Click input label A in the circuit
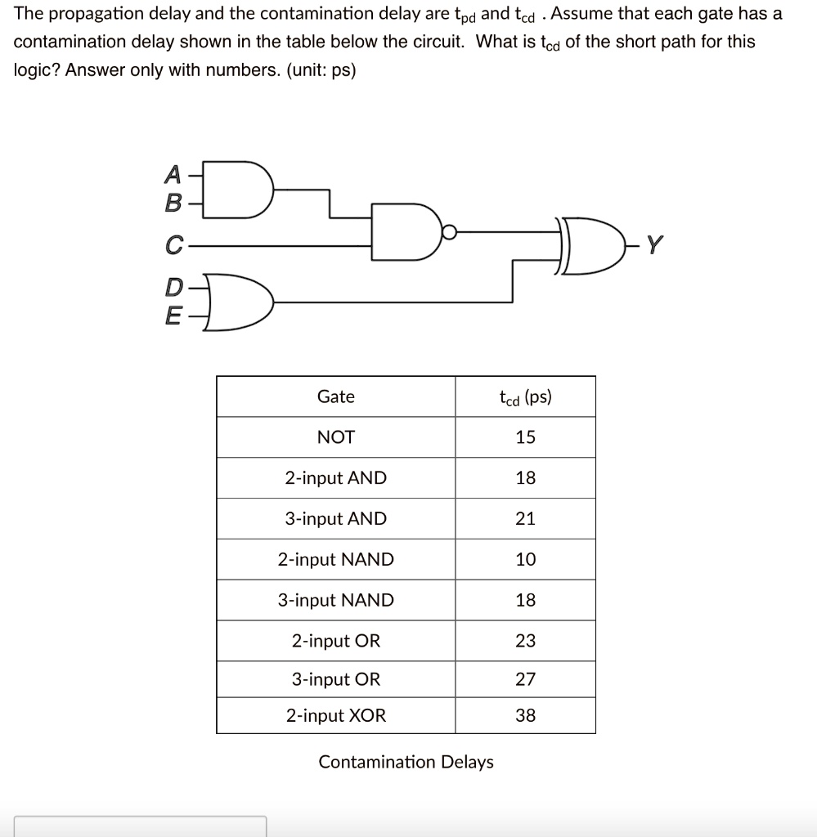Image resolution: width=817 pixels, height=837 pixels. pyautogui.click(x=172, y=173)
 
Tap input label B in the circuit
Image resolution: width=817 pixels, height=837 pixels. pyautogui.click(x=172, y=203)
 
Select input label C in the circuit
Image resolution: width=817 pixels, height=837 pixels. pyautogui.click(x=172, y=243)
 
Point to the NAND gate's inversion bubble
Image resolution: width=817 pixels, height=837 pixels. pyautogui.click(x=447, y=232)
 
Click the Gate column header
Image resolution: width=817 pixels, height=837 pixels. pyautogui.click(x=335, y=396)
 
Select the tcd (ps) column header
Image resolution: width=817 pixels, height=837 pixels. pyautogui.click(x=525, y=397)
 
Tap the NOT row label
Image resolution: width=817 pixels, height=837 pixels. pyautogui.click(x=335, y=437)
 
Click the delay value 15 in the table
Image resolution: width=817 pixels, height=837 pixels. pyautogui.click(x=525, y=437)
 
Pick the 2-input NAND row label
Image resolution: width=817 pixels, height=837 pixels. pyautogui.click(x=335, y=560)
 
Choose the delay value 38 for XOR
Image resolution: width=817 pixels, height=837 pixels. pyautogui.click(x=525, y=716)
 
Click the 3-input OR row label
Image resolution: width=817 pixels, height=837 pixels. pyautogui.click(x=335, y=679)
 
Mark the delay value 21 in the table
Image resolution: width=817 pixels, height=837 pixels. pyautogui.click(x=525, y=519)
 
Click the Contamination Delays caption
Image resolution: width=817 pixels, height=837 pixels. pyautogui.click(x=406, y=762)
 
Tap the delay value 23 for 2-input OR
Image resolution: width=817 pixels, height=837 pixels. pyautogui.click(x=525, y=641)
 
